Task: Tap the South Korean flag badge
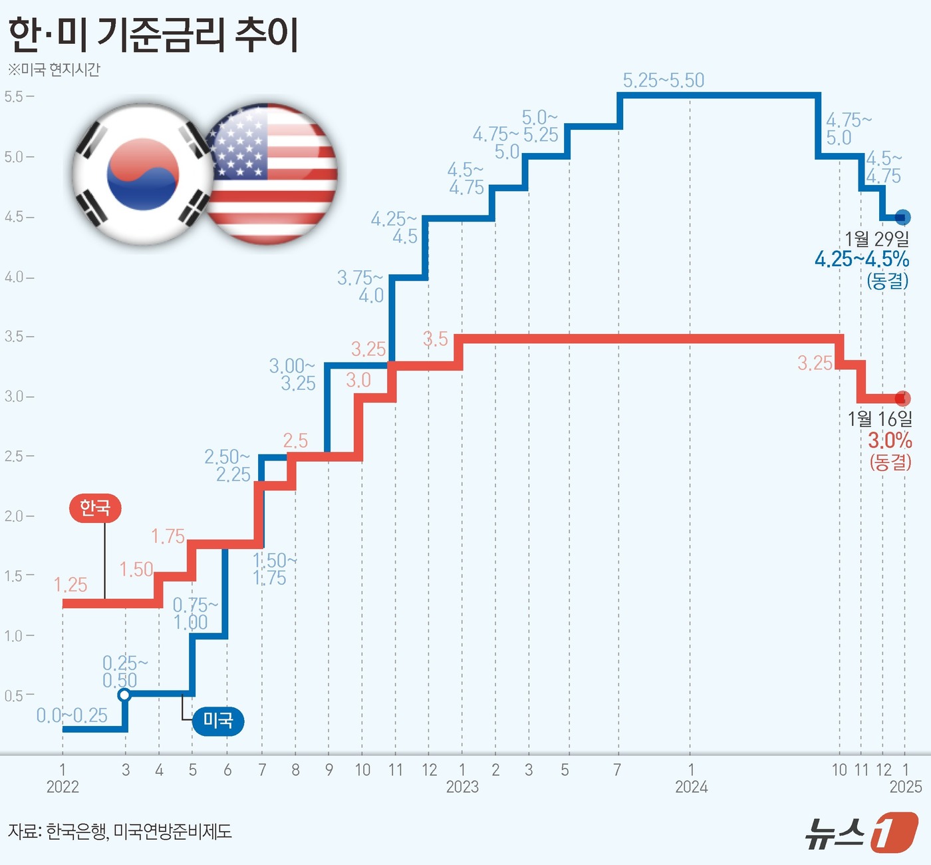point(142,174)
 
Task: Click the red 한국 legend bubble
point(95,508)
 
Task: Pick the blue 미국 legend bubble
point(217,720)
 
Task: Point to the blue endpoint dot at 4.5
point(902,217)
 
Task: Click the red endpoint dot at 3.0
point(902,399)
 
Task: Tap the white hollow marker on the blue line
point(124,695)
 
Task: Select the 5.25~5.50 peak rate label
point(663,81)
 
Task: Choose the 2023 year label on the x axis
point(462,787)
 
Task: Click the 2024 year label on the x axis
point(691,787)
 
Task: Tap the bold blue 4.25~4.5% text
point(862,259)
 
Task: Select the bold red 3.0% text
point(890,440)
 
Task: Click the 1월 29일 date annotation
point(876,238)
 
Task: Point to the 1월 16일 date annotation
point(879,419)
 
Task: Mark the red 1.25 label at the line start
point(70,585)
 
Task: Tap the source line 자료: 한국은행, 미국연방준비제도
point(120,831)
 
